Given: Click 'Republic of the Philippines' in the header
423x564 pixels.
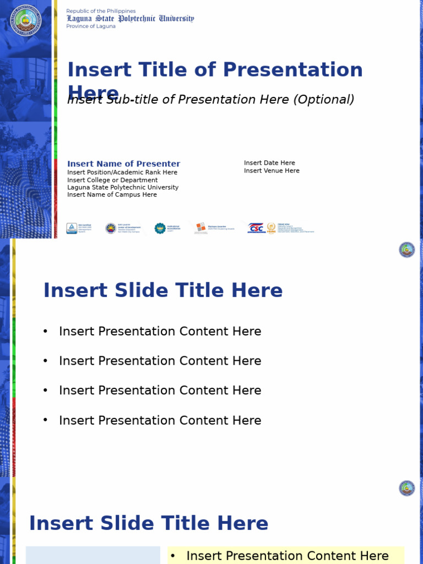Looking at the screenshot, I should click(x=101, y=11).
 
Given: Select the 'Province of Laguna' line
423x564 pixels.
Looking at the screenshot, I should click(x=91, y=26).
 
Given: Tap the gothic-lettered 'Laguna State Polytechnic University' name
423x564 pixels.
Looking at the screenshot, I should click(x=131, y=18).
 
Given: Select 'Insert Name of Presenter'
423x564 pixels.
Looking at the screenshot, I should click(x=123, y=164).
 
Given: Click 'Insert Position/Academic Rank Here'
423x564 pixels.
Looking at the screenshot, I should click(x=122, y=172).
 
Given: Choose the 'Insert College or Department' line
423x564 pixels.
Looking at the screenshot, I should click(x=112, y=180).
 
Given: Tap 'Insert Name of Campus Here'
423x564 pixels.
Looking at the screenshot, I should click(x=112, y=195).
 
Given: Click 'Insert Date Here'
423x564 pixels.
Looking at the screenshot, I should click(x=269, y=163).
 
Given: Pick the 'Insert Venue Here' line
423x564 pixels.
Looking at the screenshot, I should click(x=272, y=171).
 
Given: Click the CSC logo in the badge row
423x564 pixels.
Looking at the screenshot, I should click(x=256, y=228).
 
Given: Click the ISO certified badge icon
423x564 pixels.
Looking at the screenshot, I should click(x=72, y=228).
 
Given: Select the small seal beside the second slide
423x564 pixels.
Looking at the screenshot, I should click(x=407, y=250).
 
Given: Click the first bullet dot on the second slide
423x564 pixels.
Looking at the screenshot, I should click(x=46, y=332).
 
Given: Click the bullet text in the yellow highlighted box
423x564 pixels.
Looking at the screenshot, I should click(x=288, y=556).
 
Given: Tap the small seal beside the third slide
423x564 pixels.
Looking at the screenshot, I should click(x=407, y=488).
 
